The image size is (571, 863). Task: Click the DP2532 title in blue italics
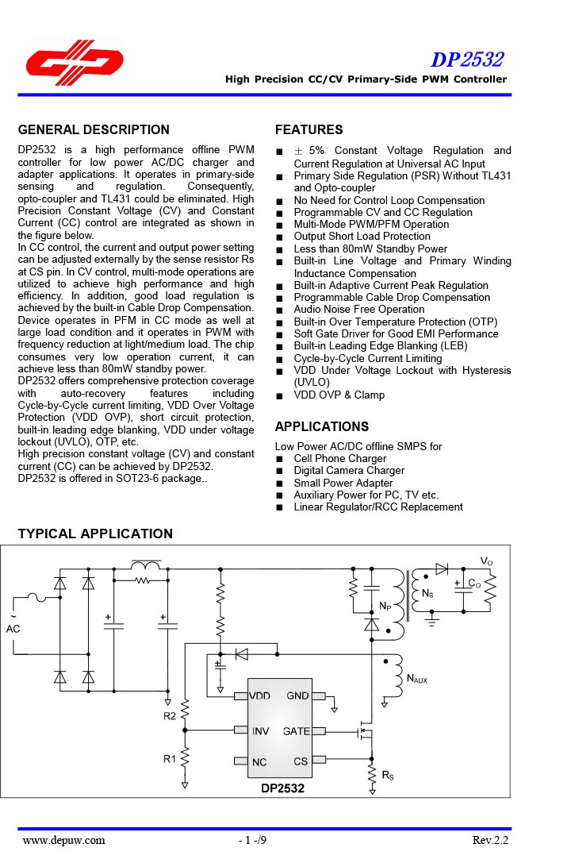point(467,60)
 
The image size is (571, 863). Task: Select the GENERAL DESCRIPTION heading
point(94,130)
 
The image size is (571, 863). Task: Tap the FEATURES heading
point(308,130)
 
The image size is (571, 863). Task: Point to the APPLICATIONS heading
point(322,427)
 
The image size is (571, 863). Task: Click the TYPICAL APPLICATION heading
point(95,534)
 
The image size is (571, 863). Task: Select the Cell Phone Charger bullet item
point(340,458)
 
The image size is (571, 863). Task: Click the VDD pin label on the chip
point(261,695)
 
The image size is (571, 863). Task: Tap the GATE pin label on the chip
point(297,731)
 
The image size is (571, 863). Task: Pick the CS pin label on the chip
point(301,761)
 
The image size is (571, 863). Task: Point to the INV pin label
point(261,731)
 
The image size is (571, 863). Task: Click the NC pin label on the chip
point(259,762)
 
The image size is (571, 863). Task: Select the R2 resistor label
point(170,716)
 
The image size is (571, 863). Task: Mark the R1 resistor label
point(170,759)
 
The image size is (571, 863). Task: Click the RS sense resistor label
point(388,776)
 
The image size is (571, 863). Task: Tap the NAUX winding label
point(416,679)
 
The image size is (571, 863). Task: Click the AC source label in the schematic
point(13,629)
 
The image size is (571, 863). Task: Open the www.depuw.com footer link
point(63,840)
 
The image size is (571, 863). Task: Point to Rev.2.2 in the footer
point(490,840)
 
